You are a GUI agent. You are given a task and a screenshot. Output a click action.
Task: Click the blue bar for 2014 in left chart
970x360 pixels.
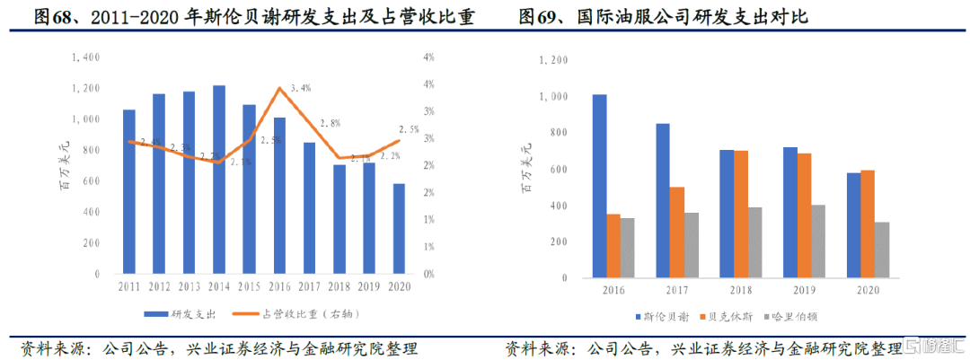tap(219, 180)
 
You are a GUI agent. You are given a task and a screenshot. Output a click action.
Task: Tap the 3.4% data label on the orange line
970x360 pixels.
tap(301, 88)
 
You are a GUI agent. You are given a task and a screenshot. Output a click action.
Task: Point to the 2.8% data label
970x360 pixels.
tap(330, 123)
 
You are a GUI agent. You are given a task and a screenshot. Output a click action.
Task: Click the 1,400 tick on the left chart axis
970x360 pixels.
tap(86, 57)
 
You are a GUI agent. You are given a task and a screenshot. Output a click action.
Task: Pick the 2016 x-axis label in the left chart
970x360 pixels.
tap(278, 286)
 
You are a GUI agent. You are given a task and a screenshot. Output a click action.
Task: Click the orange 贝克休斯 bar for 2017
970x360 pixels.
tap(677, 233)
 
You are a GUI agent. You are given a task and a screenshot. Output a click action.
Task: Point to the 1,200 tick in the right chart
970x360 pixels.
tap(554, 60)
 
